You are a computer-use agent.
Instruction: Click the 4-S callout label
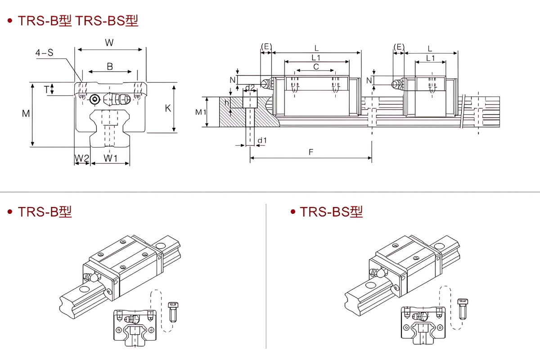click(45, 53)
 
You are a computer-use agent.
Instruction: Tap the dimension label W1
click(110, 158)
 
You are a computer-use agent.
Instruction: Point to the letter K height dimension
click(168, 108)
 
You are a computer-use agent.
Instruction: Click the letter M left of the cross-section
click(26, 114)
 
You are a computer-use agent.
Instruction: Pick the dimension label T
click(46, 89)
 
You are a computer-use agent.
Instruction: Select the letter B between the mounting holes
click(110, 67)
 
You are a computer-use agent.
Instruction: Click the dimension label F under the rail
click(310, 152)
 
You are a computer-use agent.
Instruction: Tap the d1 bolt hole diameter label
click(262, 140)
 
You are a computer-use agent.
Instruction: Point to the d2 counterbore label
click(250, 87)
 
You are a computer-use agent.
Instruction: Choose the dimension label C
click(316, 67)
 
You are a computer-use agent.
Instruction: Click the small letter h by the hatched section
click(227, 103)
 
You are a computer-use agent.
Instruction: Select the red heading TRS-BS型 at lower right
click(331, 211)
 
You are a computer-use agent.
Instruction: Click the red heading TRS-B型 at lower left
click(45, 211)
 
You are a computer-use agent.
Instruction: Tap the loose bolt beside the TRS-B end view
click(173, 311)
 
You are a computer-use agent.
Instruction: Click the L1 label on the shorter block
click(430, 58)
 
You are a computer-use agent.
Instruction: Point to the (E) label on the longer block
click(266, 47)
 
